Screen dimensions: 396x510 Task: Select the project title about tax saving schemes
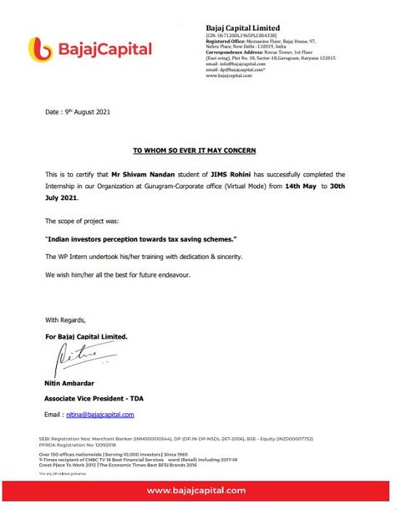click(141, 238)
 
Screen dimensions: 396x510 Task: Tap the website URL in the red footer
click(197, 490)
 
